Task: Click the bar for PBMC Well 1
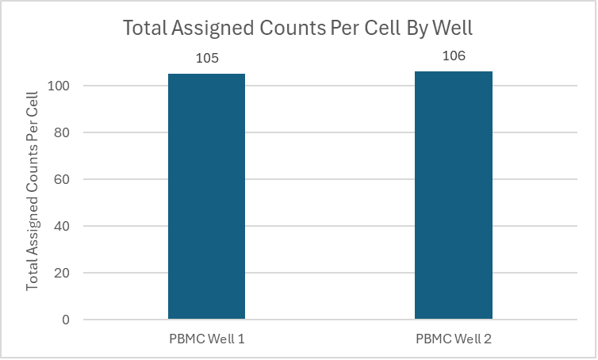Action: (x=206, y=197)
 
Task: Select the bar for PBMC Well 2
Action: (x=453, y=196)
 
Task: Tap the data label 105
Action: (x=206, y=59)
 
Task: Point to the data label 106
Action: (x=453, y=56)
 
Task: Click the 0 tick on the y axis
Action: (x=67, y=320)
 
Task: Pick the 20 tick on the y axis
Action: (x=64, y=273)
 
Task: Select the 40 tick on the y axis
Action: (x=64, y=226)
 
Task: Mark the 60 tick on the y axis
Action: (x=64, y=179)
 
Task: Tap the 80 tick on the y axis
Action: (x=64, y=132)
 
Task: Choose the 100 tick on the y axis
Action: (x=62, y=86)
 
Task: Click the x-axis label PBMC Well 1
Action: (x=206, y=339)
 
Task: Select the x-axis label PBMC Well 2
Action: (x=453, y=339)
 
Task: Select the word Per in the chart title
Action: (x=339, y=29)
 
